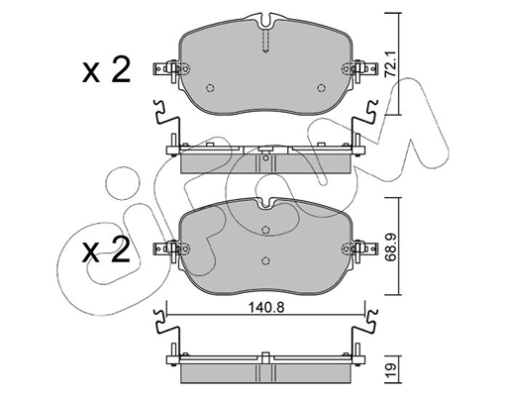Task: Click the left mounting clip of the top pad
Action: [x=165, y=69]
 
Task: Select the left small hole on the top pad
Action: [x=208, y=87]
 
